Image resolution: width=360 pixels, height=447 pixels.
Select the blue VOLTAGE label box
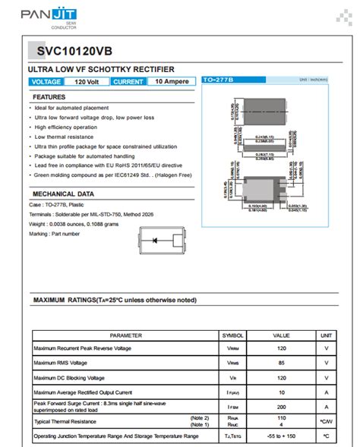46,81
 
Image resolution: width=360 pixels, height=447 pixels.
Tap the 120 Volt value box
87,81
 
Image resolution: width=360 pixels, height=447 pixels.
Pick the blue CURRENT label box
128,81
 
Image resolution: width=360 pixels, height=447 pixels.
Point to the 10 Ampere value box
171,81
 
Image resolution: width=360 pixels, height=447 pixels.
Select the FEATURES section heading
49,97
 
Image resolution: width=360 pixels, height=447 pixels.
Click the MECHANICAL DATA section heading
63,194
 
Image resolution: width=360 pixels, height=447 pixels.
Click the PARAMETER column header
125,335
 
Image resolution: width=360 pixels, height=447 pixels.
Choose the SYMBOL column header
232,335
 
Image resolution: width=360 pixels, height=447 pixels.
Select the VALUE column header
282,335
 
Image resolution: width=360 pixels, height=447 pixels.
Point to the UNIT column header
326,335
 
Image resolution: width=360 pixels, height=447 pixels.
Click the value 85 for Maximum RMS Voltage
282,363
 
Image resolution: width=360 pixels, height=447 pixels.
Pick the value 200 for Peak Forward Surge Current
282,407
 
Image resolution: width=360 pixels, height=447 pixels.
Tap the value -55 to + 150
282,436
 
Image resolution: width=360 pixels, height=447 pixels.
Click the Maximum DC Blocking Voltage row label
69,377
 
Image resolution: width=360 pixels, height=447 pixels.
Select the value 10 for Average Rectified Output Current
282,392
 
